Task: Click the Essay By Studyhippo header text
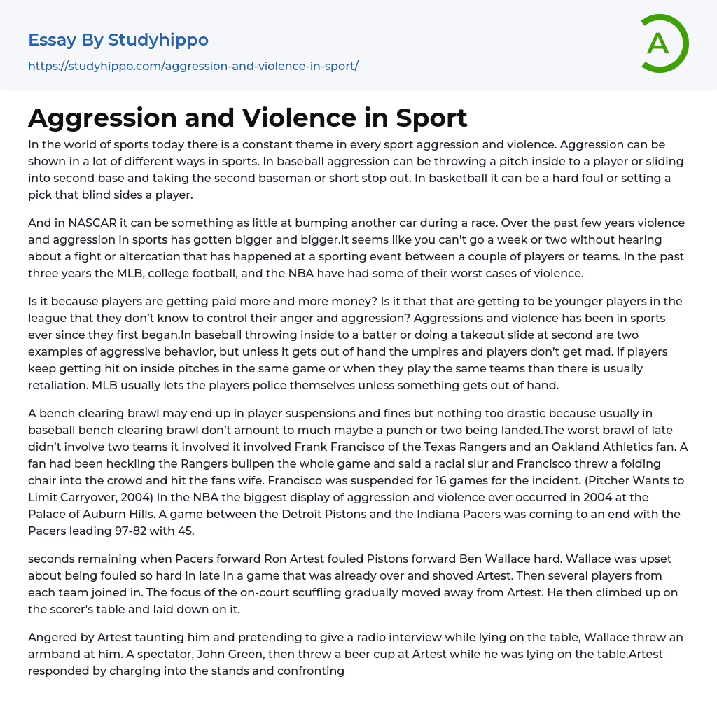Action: click(x=118, y=41)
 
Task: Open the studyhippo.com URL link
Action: click(x=193, y=66)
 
